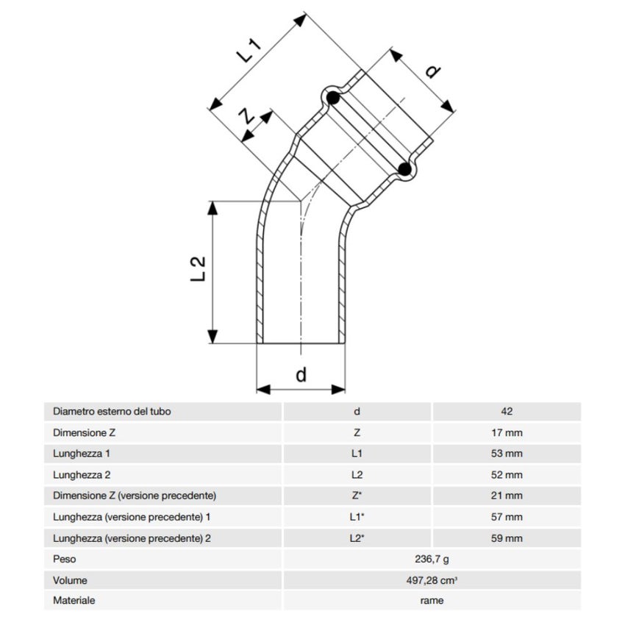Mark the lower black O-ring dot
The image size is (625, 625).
coord(404,170)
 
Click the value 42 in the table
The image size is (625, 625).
coord(506,412)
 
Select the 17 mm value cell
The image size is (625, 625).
coord(506,433)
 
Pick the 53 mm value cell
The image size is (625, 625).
coord(506,454)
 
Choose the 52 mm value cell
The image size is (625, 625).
coord(506,475)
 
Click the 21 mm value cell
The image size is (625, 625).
coord(506,496)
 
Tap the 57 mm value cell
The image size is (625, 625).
coord(506,517)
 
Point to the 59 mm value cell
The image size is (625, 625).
coord(506,538)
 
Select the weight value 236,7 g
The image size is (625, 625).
coord(431,560)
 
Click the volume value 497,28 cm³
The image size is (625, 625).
coord(431,581)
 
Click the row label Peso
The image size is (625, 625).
coord(65,560)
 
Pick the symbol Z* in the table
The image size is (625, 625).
coord(357,496)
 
